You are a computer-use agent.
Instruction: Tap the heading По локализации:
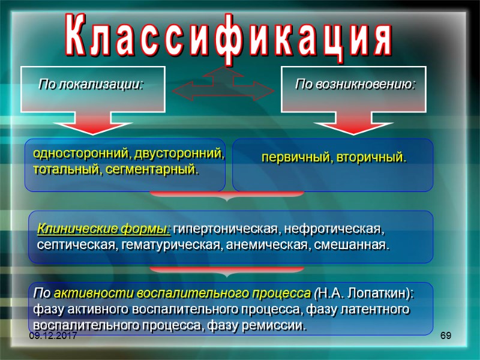91,84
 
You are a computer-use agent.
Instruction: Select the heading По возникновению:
355,84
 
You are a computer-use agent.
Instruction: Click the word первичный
292,158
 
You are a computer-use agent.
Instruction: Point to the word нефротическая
333,229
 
